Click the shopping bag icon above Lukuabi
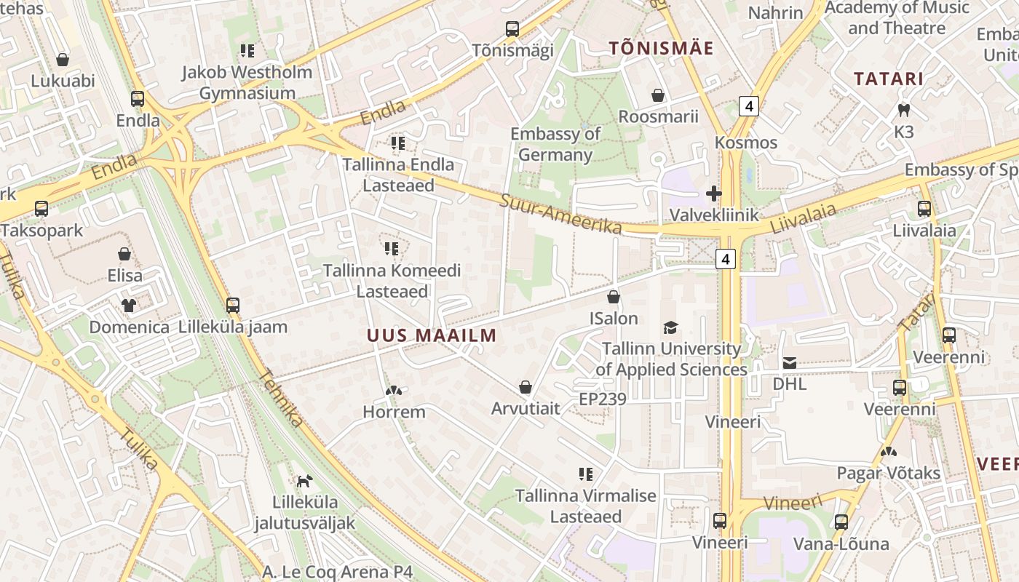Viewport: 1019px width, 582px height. coord(63,60)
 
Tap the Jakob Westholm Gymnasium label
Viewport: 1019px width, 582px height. coord(247,82)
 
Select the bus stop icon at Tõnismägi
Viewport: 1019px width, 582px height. coord(512,29)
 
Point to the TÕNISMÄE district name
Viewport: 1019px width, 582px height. coord(661,49)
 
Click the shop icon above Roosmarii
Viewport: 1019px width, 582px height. coord(658,95)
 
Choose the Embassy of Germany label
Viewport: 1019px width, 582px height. coord(555,144)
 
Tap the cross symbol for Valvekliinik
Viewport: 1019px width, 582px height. coord(713,194)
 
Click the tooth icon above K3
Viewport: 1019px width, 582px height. coord(904,111)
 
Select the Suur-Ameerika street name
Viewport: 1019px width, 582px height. coord(560,212)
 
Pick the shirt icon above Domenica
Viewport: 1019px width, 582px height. coord(129,305)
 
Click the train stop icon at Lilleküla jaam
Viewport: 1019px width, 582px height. coord(233,306)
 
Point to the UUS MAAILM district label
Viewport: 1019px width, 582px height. coord(432,335)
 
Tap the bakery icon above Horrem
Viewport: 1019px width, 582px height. coord(394,391)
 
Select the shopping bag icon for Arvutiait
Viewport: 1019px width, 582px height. coord(526,387)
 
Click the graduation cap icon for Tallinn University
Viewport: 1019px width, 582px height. coord(670,327)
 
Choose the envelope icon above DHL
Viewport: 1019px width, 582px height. coord(790,362)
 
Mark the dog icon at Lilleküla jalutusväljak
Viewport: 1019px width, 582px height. coord(304,481)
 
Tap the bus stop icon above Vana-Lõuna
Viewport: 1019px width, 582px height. coord(841,522)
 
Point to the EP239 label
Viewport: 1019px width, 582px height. coord(603,399)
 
